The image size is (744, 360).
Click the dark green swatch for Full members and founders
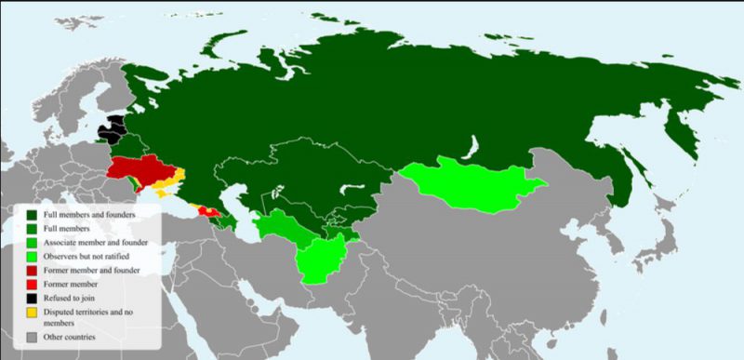point(33,215)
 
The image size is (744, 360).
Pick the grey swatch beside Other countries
point(33,337)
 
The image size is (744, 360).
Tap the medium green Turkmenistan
point(279,228)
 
